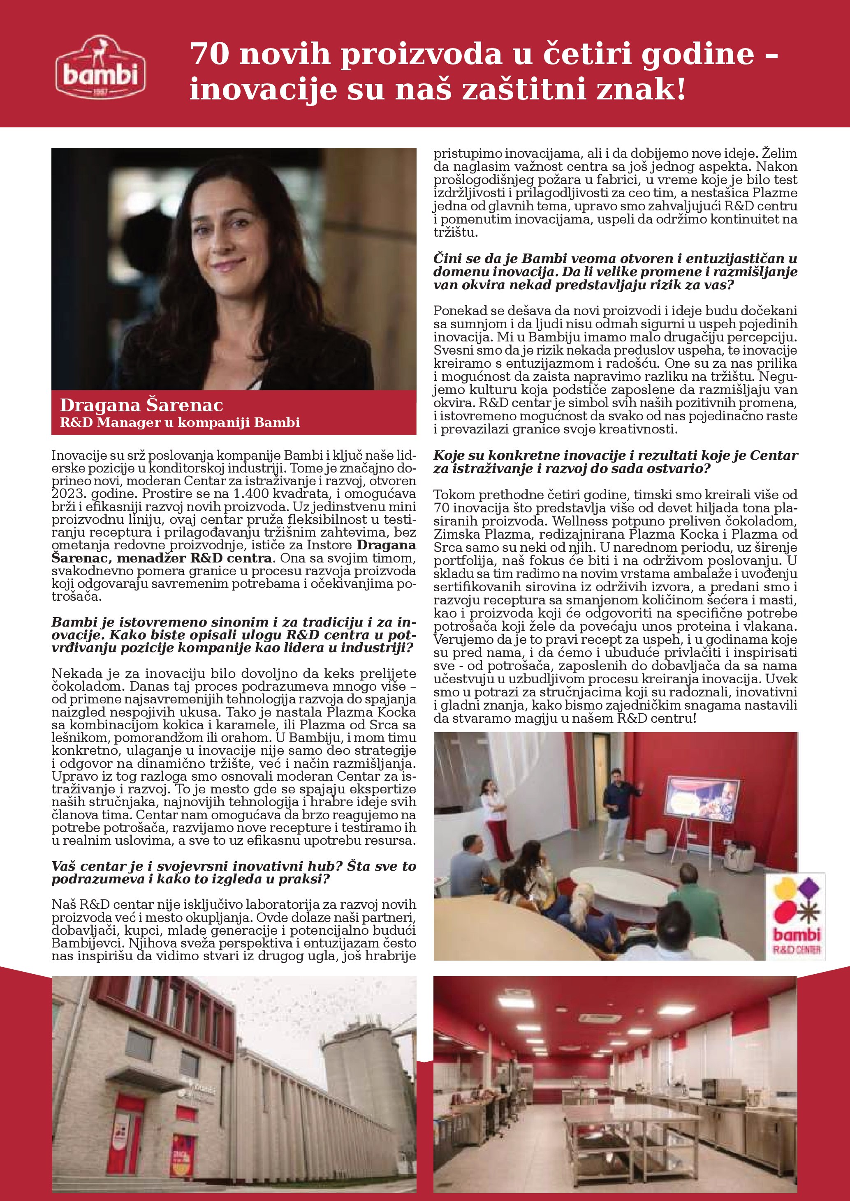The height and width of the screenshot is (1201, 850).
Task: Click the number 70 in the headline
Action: tap(209, 54)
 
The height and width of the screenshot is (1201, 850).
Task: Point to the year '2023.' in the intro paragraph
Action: tap(65, 494)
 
